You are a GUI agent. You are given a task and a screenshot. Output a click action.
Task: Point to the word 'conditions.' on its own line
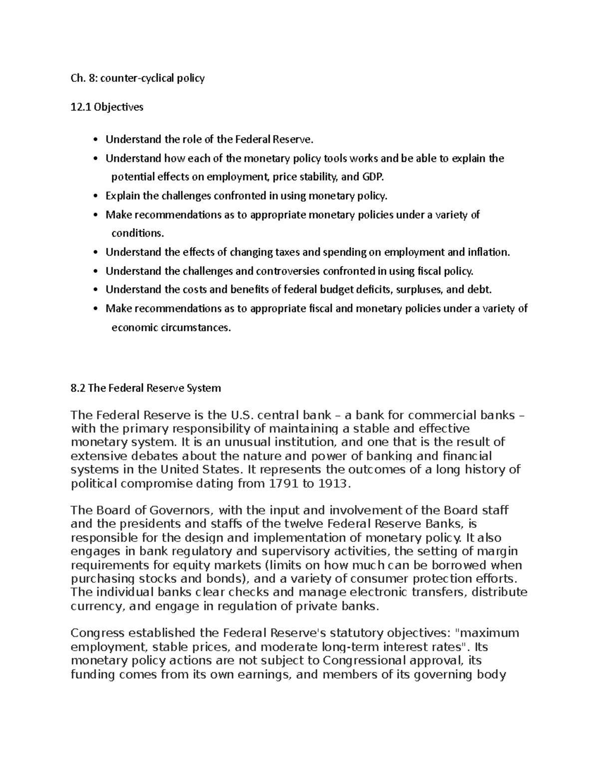click(137, 233)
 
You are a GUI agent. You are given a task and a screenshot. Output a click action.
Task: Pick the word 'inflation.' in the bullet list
click(489, 252)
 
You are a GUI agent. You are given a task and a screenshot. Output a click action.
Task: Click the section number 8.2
click(78, 388)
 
